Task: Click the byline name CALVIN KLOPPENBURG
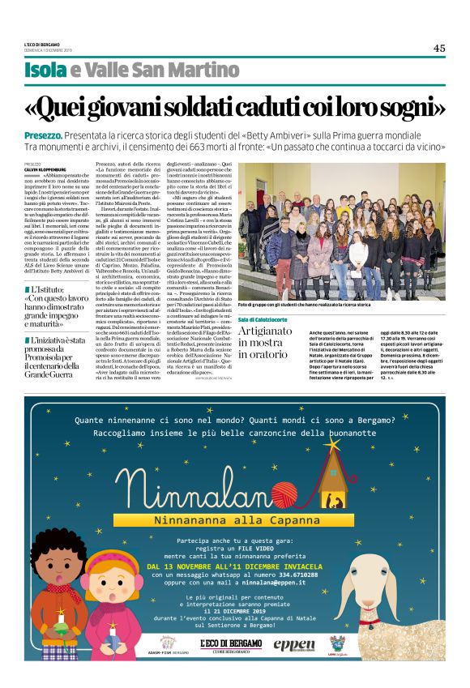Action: pyautogui.click(x=44, y=168)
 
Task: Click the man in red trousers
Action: pyautogui.click(x=267, y=243)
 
